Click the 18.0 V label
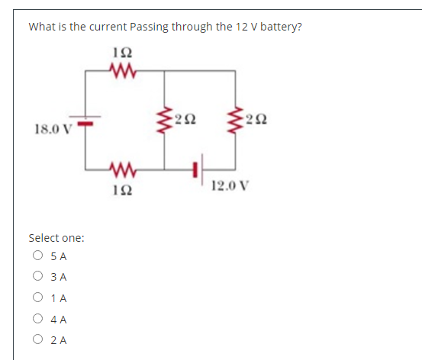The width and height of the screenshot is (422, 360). click(52, 127)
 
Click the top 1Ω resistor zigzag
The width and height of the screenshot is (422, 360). click(121, 71)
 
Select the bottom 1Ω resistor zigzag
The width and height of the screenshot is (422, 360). click(121, 168)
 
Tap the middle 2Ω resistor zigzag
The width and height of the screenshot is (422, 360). click(164, 120)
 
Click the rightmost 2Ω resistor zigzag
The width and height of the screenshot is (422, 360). click(234, 120)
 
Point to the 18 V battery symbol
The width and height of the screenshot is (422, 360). click(86, 120)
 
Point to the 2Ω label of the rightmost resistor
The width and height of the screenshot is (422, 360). click(255, 117)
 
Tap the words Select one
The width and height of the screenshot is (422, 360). click(56, 238)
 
